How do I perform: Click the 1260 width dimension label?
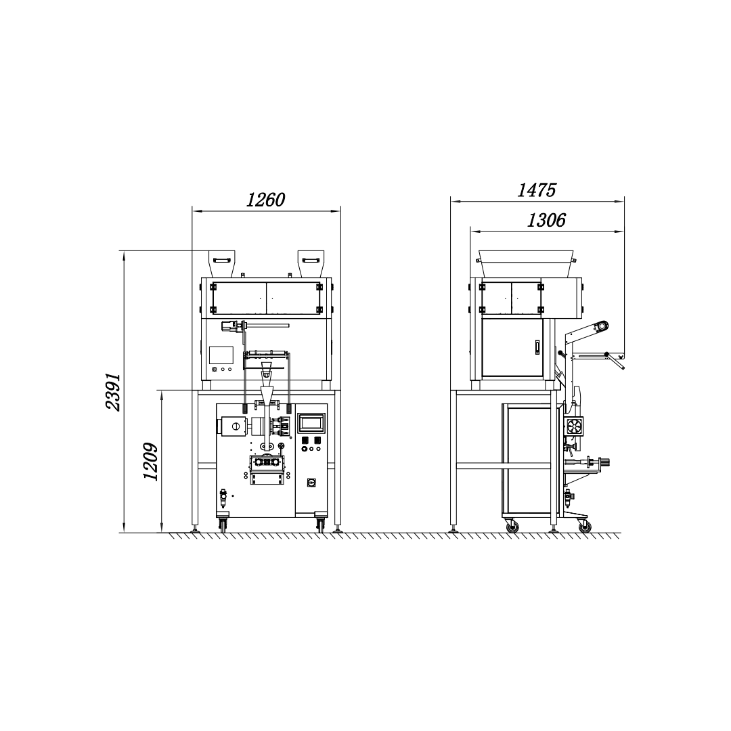[x=265, y=200]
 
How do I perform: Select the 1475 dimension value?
[x=537, y=190]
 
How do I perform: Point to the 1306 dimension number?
[x=546, y=220]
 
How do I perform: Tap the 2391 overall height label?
[x=113, y=392]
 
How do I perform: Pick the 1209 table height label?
[x=150, y=462]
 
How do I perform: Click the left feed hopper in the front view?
[x=221, y=264]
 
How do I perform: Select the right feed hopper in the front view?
[x=311, y=264]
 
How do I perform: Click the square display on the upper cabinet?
[x=221, y=355]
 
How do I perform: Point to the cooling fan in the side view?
[x=573, y=426]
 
